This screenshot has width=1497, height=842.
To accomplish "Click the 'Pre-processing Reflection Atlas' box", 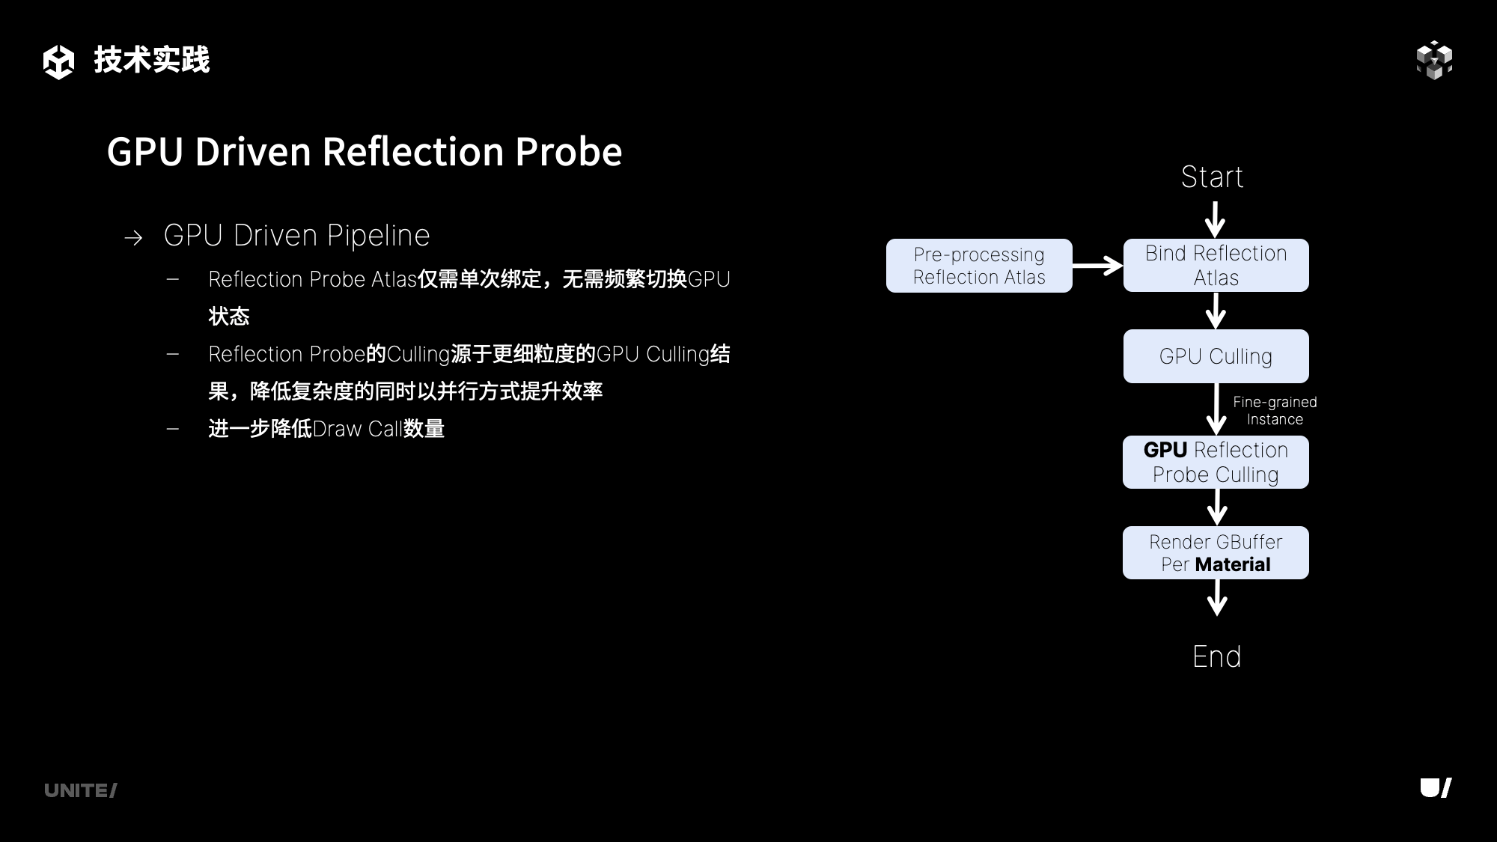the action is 979,266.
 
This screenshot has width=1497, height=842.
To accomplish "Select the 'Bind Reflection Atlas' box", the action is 1216,266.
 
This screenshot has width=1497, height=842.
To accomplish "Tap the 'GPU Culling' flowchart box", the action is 1216,356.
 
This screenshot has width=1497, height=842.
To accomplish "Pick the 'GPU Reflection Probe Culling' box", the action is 1216,462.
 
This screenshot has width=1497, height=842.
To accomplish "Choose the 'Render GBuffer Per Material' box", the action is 1216,552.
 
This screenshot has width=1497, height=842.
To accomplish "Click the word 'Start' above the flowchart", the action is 1212,177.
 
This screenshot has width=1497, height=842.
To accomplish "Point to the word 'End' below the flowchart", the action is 1216,656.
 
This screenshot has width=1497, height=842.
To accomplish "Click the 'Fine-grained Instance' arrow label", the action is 1275,410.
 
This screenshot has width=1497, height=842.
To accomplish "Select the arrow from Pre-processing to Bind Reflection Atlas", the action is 1097,266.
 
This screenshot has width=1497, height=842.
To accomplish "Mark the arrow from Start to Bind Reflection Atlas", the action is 1215,219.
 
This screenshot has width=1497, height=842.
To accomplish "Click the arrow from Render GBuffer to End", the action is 1217,597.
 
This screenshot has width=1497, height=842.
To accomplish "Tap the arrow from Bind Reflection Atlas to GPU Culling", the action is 1216,310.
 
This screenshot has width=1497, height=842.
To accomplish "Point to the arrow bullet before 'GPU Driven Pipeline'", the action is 133,238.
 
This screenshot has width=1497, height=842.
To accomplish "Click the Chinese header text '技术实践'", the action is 152,60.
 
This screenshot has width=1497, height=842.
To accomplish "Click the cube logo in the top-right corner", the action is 1434,60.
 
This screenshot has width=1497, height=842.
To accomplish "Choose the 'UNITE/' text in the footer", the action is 80,790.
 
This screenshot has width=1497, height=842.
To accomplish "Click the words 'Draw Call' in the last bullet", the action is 357,429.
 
